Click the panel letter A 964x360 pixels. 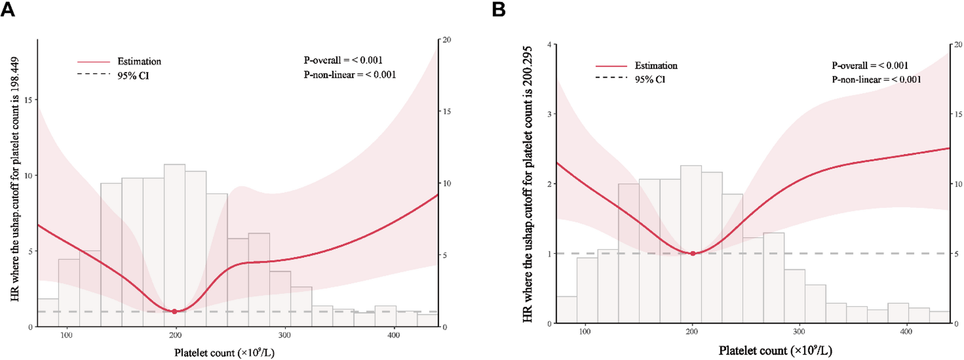pyautogui.click(x=8, y=9)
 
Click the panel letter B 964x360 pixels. pyautogui.click(x=498, y=9)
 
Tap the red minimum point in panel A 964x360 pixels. pyautogui.click(x=174, y=311)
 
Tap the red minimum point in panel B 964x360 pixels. pyautogui.click(x=692, y=253)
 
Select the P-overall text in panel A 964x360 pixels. pyautogui.click(x=343, y=60)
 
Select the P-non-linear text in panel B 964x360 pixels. pyautogui.click(x=877, y=79)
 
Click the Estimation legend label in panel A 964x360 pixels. pyautogui.click(x=139, y=62)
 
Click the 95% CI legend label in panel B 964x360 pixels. pyautogui.click(x=650, y=79)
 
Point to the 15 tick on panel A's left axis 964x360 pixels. pyautogui.click(x=28, y=100)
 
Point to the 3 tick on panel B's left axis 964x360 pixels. pyautogui.click(x=549, y=114)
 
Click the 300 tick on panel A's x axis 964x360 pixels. pyautogui.click(x=284, y=335)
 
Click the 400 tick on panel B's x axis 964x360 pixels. pyautogui.click(x=906, y=332)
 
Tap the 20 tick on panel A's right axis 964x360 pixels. pyautogui.click(x=446, y=40)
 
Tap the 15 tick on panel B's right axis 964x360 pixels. pyautogui.click(x=958, y=114)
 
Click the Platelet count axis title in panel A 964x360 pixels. pyautogui.click(x=224, y=353)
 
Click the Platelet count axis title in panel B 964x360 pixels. pyautogui.click(x=775, y=350)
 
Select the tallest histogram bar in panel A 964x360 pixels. pyautogui.click(x=174, y=240)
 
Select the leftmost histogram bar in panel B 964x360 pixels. pyautogui.click(x=567, y=310)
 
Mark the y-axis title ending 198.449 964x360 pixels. pyautogui.click(x=15, y=179)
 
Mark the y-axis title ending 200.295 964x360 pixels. pyautogui.click(x=528, y=184)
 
